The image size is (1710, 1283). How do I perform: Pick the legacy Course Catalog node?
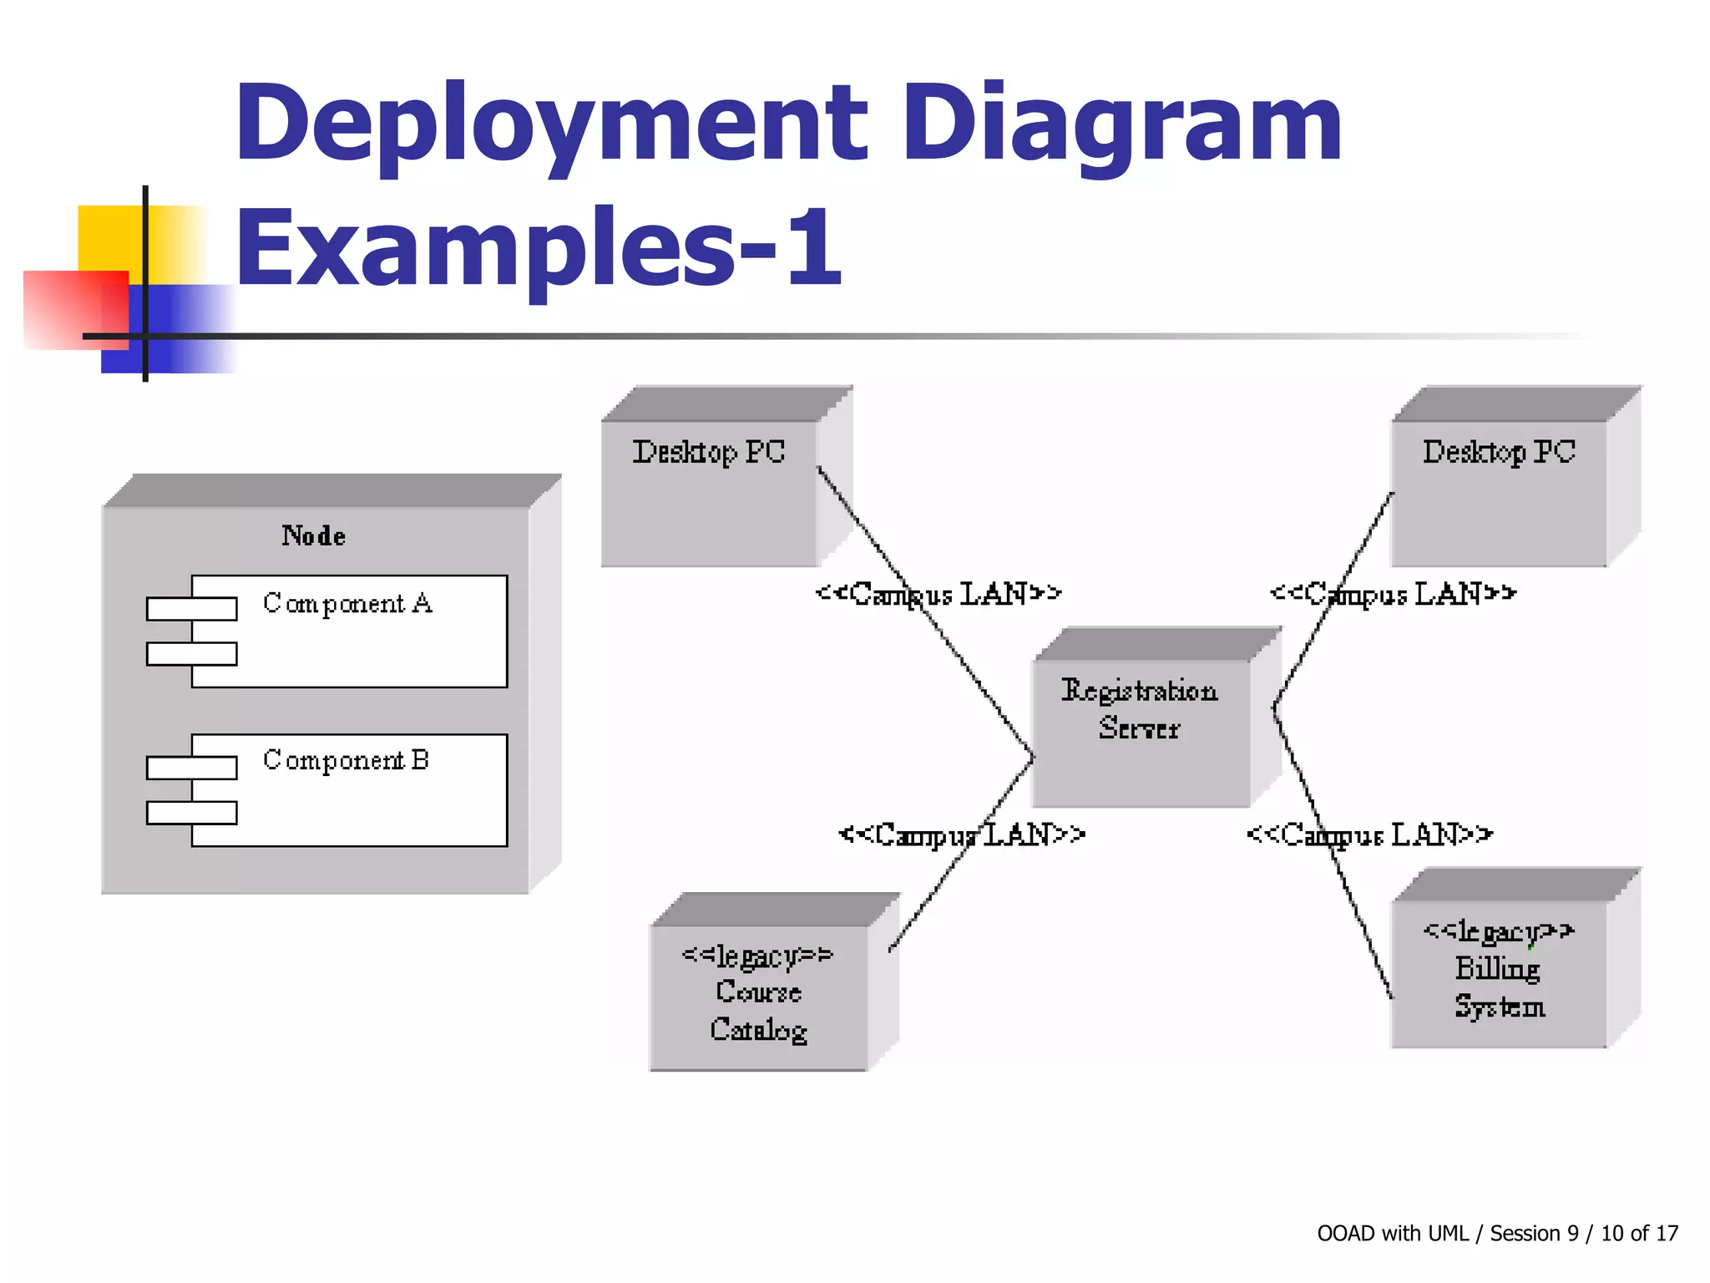(x=758, y=994)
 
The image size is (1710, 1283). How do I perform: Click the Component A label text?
(x=347, y=603)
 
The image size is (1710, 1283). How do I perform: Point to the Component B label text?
(x=346, y=760)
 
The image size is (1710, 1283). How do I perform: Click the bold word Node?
(x=313, y=535)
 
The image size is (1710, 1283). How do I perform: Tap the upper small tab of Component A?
(x=191, y=609)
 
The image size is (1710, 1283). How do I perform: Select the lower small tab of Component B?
(x=191, y=813)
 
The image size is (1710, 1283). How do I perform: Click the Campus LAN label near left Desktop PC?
(x=938, y=594)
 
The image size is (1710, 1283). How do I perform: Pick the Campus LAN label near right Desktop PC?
(x=1393, y=594)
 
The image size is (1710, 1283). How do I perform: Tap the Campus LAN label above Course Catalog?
(x=962, y=834)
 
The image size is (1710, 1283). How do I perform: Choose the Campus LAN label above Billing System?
(x=1369, y=834)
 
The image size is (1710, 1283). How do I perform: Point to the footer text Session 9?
(x=1534, y=1233)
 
